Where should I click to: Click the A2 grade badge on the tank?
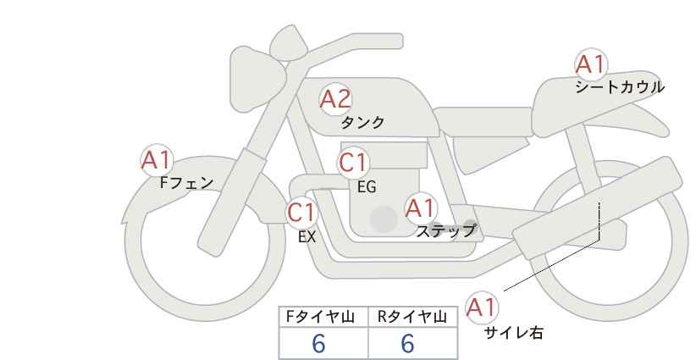335,100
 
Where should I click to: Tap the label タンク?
362,123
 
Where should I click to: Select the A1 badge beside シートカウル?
590,64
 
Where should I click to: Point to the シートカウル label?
620,87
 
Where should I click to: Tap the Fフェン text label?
186,182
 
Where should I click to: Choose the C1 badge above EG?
353,163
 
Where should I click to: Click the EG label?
367,187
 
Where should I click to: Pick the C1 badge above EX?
301,212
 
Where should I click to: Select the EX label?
307,237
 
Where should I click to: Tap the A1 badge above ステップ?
420,208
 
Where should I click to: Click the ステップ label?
445,230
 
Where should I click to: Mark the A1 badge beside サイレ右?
483,307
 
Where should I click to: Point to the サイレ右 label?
513,333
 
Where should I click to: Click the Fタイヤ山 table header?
324,317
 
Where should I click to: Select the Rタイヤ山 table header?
412,317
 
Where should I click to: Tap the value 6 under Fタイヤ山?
319,343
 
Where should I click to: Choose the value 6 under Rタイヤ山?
407,343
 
